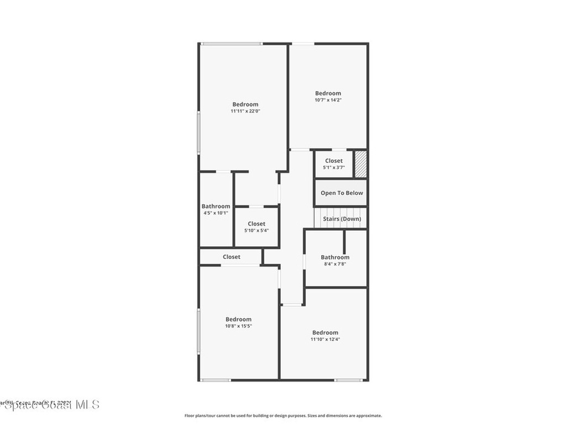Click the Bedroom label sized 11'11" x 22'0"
click(x=245, y=104)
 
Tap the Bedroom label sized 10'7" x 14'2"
click(x=328, y=93)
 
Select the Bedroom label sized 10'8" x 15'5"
click(x=238, y=319)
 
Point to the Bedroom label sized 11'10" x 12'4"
click(x=325, y=332)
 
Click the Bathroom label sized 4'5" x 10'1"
click(x=216, y=206)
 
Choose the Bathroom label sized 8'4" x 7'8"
click(x=335, y=257)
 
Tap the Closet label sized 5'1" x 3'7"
click(x=334, y=161)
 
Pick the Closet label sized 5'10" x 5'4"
click(x=256, y=224)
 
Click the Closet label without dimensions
click(x=232, y=257)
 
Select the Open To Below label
click(x=342, y=193)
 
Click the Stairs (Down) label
click(x=342, y=219)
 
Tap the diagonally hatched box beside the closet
click(x=360, y=164)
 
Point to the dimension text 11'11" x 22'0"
click(x=245, y=111)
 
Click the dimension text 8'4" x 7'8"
click(x=335, y=264)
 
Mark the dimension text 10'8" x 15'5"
click(x=238, y=326)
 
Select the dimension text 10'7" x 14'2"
click(x=328, y=100)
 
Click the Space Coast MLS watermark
click(x=50, y=405)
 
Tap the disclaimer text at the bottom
click(x=283, y=416)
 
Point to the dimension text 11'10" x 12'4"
click(x=325, y=339)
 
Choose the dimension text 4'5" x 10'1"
click(x=216, y=213)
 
